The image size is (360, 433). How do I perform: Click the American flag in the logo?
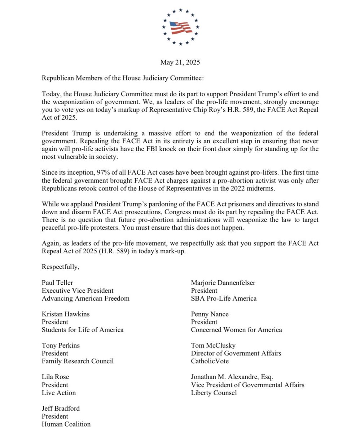[180, 27]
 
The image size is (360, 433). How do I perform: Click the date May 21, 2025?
[180, 62]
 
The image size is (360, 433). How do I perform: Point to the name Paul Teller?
[57, 283]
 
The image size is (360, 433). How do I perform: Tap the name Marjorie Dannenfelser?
[223, 283]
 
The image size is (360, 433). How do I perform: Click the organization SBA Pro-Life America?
[224, 298]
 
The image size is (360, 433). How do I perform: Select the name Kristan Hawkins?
[66, 314]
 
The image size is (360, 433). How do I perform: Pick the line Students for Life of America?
[83, 329]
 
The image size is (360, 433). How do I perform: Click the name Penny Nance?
[210, 314]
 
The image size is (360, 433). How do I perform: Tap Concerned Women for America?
[236, 329]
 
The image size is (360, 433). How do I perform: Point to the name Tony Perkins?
[61, 345]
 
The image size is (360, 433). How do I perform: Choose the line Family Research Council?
[78, 361]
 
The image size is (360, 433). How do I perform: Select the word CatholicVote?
[210, 361]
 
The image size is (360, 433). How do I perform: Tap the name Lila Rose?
[55, 377]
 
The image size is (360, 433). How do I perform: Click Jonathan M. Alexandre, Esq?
[234, 377]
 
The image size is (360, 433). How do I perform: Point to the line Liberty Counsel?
[214, 393]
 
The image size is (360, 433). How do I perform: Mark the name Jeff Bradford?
[61, 408]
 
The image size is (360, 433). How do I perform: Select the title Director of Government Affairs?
[236, 353]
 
